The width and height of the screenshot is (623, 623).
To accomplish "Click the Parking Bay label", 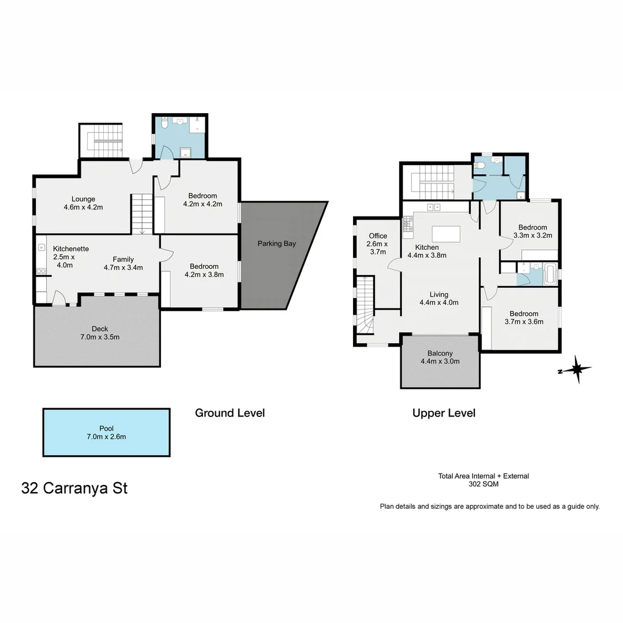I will [277, 243].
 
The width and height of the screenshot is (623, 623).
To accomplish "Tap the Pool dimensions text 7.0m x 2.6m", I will [106, 437].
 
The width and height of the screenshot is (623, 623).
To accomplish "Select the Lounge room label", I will [84, 199].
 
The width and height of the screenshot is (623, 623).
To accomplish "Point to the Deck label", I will [100, 329].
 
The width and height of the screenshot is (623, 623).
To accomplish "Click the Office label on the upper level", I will [378, 236].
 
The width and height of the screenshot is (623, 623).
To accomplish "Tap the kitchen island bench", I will [445, 234].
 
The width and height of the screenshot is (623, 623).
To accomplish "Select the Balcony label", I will [440, 354].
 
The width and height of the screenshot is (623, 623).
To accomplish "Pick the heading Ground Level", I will [230, 413].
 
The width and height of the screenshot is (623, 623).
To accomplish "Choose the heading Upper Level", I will [444, 413].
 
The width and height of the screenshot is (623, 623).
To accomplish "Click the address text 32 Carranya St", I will [74, 488].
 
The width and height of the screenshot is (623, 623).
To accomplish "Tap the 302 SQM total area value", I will [483, 485].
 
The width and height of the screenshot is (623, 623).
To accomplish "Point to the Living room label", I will [438, 294].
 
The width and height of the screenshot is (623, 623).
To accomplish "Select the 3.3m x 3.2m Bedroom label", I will [532, 227].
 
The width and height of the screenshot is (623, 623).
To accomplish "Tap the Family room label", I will [123, 259].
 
